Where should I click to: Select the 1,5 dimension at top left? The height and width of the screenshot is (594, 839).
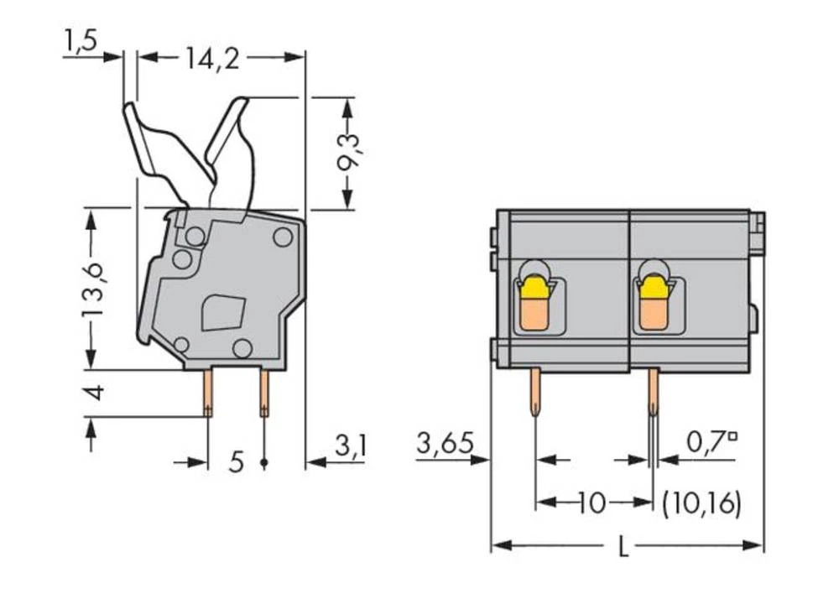click(81, 42)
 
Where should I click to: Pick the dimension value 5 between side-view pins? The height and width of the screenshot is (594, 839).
click(237, 461)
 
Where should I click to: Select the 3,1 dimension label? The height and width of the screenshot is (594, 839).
click(350, 446)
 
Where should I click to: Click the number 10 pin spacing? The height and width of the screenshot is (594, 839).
click(592, 503)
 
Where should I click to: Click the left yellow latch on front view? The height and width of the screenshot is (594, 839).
click(534, 289)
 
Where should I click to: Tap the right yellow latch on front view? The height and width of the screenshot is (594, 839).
click(652, 289)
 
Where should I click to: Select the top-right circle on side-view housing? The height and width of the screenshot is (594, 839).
click(283, 237)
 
